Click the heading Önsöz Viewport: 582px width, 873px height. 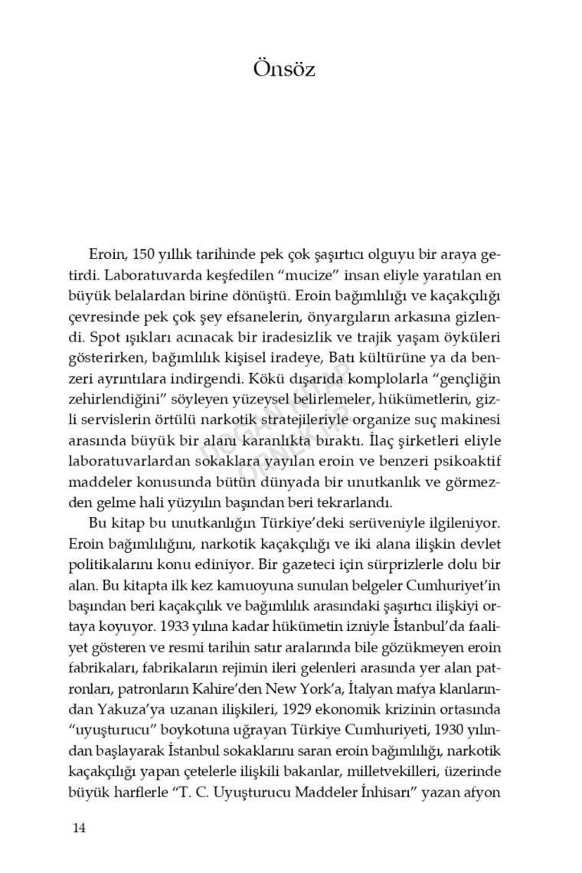[x=284, y=69]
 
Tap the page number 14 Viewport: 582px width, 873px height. [x=80, y=827]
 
